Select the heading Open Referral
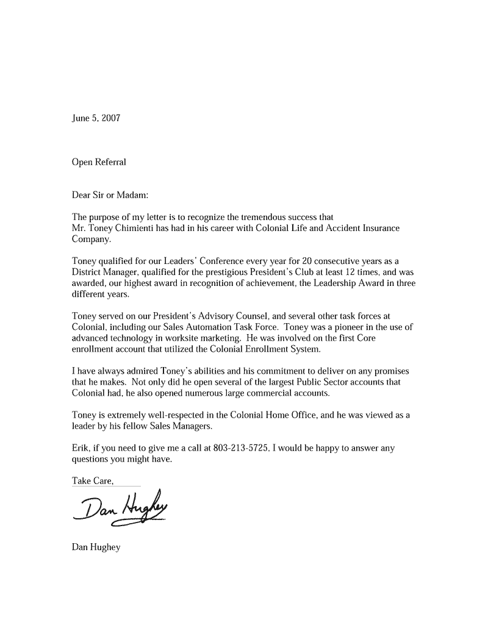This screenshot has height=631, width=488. click(99, 162)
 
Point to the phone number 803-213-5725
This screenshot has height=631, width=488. click(240, 448)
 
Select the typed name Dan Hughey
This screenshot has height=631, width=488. click(96, 547)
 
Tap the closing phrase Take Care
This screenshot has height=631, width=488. click(93, 481)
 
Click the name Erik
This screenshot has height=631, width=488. click(81, 448)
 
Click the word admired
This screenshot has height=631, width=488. click(140, 371)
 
